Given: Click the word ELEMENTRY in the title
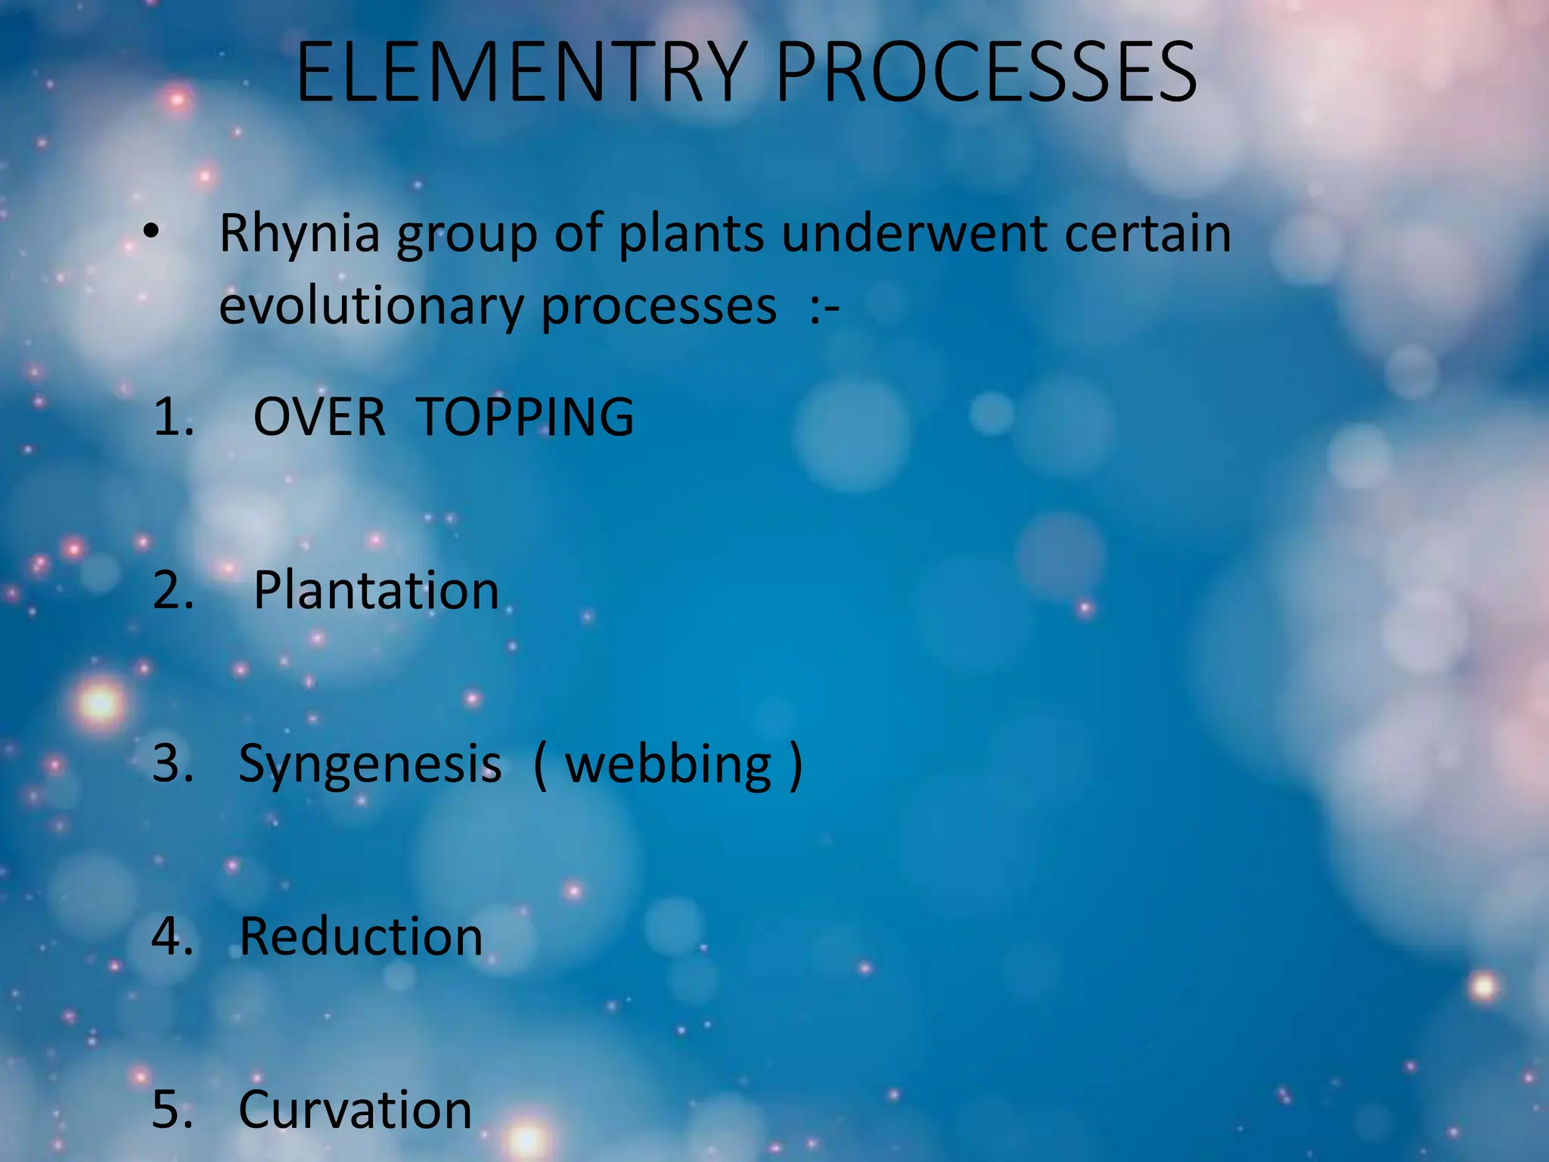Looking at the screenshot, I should pos(522,73).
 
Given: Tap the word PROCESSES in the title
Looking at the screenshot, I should pos(986,73).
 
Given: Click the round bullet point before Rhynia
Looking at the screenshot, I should pos(151,232).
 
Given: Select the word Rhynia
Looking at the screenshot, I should pos(300,235).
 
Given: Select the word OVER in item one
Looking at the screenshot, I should pos(319,417).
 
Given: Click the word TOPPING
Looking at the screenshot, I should pos(525,417).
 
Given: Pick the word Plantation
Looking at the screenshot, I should pos(376,590).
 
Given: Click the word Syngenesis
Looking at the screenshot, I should pos(369,765).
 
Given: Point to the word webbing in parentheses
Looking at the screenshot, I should pos(669,765).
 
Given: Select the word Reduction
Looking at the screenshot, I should pos(361,937).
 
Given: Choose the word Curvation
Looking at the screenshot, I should pos(355,1110).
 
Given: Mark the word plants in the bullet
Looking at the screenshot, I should pos(691,235).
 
